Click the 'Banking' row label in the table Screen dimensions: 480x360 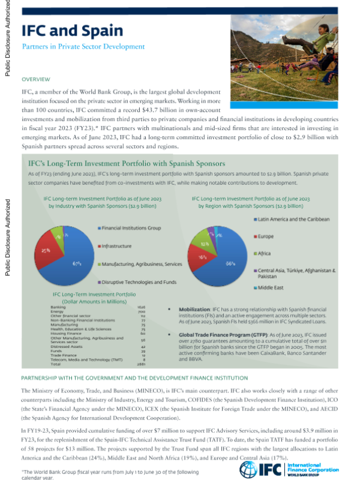pyautogui.click(x=59, y=307)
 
